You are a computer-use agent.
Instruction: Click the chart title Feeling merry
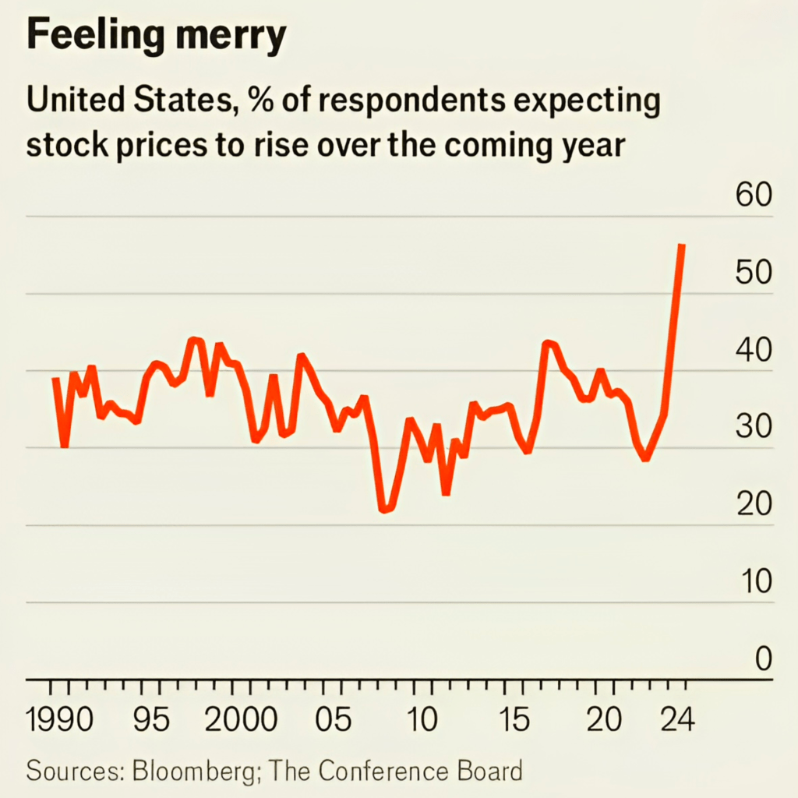pos(156,37)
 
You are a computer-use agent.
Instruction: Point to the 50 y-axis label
pos(754,274)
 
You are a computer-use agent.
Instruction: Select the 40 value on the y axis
pos(754,351)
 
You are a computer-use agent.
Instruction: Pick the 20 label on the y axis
pos(754,505)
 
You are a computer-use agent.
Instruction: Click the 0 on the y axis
pos(762,659)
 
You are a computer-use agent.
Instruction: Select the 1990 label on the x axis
pos(59,719)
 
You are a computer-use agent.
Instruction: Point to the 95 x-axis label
pos(150,719)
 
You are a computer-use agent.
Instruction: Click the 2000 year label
pos(239,719)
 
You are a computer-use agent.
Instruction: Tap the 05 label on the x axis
pos(334,719)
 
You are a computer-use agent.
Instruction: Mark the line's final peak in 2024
pos(682,245)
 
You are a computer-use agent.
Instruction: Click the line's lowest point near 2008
pos(383,510)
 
